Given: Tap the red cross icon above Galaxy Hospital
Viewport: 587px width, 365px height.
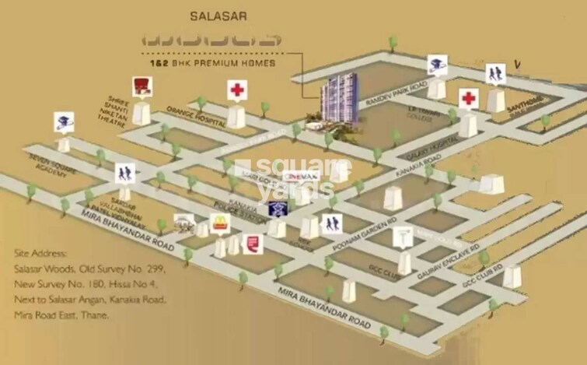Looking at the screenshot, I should click(468, 99).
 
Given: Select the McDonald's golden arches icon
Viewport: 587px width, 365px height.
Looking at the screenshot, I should click(220, 225).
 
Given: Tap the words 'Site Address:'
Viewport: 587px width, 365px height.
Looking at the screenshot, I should click(40, 254).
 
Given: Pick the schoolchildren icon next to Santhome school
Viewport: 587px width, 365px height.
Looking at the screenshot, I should click(495, 73).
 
